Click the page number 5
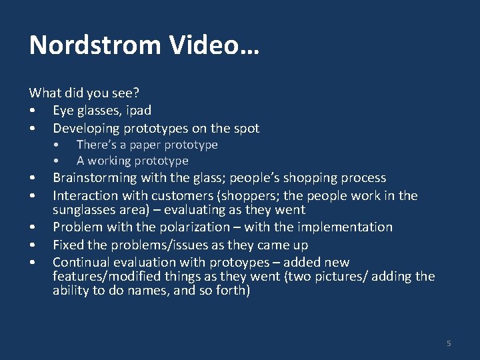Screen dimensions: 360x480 coord(449,343)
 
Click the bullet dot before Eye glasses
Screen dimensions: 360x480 coord(32,111)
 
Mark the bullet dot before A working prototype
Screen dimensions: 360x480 coord(59,161)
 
